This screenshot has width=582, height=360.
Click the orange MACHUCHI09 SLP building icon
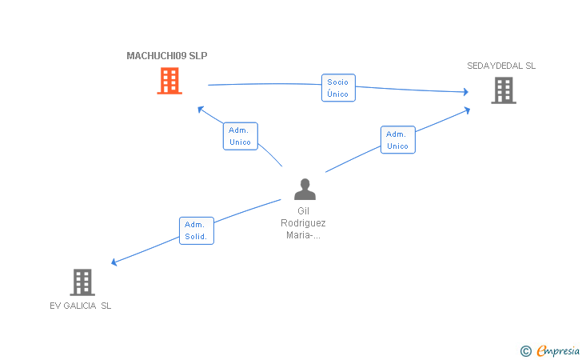coord(169,81)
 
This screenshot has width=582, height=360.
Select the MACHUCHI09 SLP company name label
coord(167,56)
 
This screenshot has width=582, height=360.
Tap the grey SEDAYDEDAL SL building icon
coord(504,90)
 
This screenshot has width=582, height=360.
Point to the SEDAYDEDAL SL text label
coord(501,66)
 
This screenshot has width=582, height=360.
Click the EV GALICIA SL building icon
coord(82,282)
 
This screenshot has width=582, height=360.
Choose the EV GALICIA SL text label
coord(81,306)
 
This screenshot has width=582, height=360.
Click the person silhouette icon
coord(305,189)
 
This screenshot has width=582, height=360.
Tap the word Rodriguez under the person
coord(303,223)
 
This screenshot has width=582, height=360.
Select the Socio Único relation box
coord(338,88)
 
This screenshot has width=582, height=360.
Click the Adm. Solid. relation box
coord(197,230)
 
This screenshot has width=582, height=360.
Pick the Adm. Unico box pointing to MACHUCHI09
coord(240,136)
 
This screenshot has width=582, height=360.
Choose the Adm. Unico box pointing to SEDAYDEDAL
coord(398,140)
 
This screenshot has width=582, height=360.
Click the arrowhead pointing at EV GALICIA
coord(114,262)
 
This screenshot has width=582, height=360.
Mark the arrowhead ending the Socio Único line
coord(466,92)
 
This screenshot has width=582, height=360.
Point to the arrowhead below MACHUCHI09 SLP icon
coord(201,109)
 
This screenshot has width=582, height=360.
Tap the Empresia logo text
coord(558,350)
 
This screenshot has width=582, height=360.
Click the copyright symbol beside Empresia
coord(526,351)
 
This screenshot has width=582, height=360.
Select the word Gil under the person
coord(303,211)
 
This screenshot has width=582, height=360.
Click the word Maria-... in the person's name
coord(303,235)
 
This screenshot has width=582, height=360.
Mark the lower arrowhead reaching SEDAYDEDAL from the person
coord(468,110)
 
